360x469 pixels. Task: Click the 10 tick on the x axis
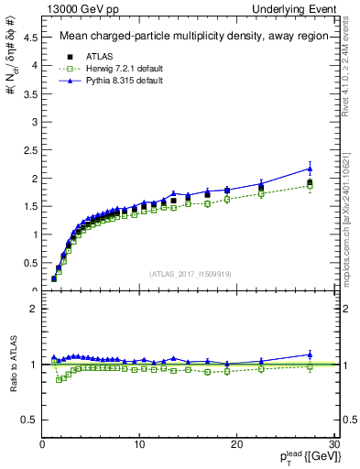[139, 444]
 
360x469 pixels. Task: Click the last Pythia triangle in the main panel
[310, 169]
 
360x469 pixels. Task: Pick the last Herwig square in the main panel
[310, 186]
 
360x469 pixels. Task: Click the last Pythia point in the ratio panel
[310, 354]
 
